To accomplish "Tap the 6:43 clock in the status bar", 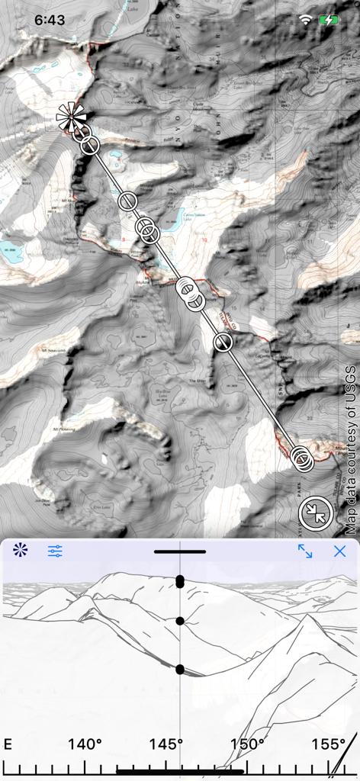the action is pyautogui.click(x=50, y=21).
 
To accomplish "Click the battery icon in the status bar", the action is pyautogui.click(x=329, y=21).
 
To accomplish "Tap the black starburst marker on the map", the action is pyautogui.click(x=72, y=117).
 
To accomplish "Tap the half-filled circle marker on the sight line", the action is pyautogui.click(x=223, y=342).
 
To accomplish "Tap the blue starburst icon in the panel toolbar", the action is pyautogui.click(x=20, y=549).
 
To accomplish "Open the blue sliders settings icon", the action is pyautogui.click(x=55, y=551).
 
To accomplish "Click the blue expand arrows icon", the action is pyautogui.click(x=305, y=551).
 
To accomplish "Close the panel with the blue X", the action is pyautogui.click(x=339, y=551).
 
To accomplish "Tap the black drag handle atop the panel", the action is pyautogui.click(x=179, y=551).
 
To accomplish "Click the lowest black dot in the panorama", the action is pyautogui.click(x=180, y=670).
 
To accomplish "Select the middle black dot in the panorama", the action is pyautogui.click(x=180, y=621).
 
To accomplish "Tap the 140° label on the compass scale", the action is pyautogui.click(x=85, y=744).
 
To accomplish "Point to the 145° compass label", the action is pyautogui.click(x=166, y=744).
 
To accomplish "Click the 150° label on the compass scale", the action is pyautogui.click(x=247, y=744).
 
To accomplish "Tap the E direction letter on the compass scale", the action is pyautogui.click(x=8, y=744).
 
